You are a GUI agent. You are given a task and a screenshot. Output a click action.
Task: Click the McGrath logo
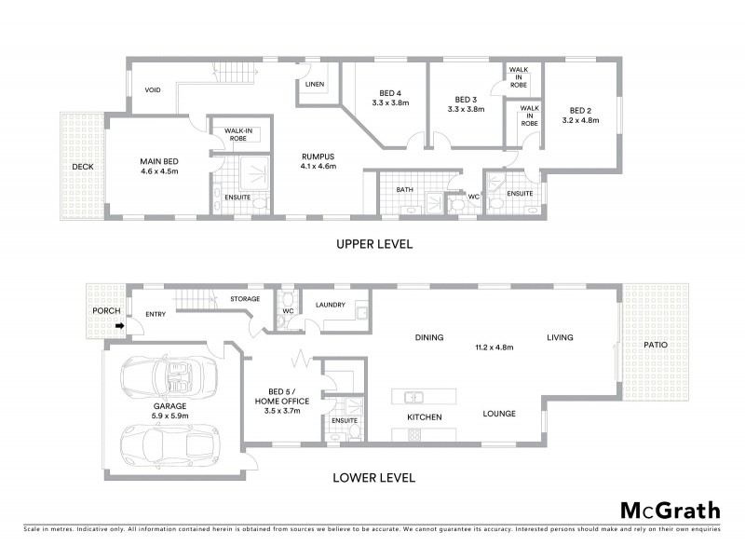670,510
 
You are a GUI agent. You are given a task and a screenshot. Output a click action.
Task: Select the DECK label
83,167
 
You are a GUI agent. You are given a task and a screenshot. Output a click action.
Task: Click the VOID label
154,90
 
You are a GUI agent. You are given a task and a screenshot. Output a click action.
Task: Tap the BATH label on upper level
404,189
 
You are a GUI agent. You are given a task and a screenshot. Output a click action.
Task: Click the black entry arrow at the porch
120,325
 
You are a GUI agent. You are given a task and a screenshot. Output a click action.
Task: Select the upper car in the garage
169,376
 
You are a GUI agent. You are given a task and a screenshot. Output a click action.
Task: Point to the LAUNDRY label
331,305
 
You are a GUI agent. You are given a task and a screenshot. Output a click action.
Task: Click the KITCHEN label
424,416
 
